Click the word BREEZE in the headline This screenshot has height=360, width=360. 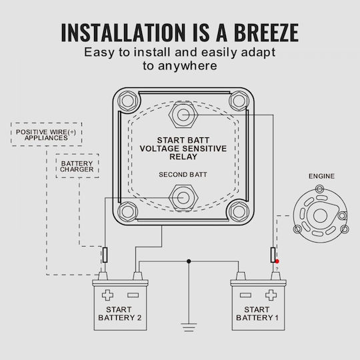pos(266,33)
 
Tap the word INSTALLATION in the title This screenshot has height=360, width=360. pos(123,33)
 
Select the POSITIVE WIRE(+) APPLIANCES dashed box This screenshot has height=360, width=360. pos(47,135)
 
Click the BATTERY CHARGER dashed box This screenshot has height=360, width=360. pos(77,166)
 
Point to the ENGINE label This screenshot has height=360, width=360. pos(321,176)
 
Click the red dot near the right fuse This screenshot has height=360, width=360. pos(277,261)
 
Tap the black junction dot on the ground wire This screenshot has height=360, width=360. pos(189,261)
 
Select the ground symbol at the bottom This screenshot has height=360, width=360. pos(189,327)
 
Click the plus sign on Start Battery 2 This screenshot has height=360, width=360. pos(107,295)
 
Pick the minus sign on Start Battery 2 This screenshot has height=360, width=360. pos(133,295)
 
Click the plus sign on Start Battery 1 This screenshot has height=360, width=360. pos(271,295)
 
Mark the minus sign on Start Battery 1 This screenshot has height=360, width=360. pos(245,295)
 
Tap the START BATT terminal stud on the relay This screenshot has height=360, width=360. pos(183,115)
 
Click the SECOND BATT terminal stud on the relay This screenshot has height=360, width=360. pos(183,197)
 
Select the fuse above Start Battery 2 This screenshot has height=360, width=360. pos(105,255)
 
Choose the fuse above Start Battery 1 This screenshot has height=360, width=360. pos(273,255)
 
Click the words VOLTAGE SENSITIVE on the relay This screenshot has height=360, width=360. pos(183,149)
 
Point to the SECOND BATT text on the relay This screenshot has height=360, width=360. pos(183,175)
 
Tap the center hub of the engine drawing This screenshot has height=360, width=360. pos(320,216)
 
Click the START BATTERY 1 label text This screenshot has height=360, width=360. pos(257,313)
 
